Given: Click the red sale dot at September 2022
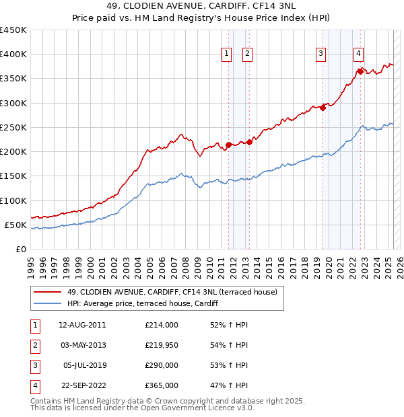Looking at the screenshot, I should tap(361, 71).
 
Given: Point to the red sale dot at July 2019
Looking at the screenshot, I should tap(323, 107).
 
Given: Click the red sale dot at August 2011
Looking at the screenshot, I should tap(228, 144).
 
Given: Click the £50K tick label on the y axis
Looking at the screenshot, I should tap(15, 225).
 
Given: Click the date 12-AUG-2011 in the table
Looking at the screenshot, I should tap(82, 325).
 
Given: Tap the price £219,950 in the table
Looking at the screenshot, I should tap(162, 345).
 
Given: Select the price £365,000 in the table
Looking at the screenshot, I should tap(162, 385).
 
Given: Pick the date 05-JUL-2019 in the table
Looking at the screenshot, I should tap(82, 365).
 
